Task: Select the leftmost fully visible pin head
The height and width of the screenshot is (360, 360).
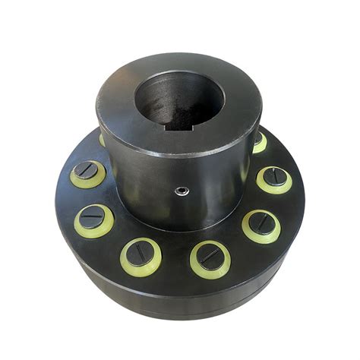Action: pyautogui.click(x=88, y=174)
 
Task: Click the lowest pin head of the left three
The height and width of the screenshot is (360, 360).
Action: pyautogui.click(x=141, y=254)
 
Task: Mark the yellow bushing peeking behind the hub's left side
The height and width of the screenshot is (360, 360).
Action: pyautogui.click(x=102, y=140)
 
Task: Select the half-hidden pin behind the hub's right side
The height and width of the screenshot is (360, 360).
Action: pyautogui.click(x=259, y=141)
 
